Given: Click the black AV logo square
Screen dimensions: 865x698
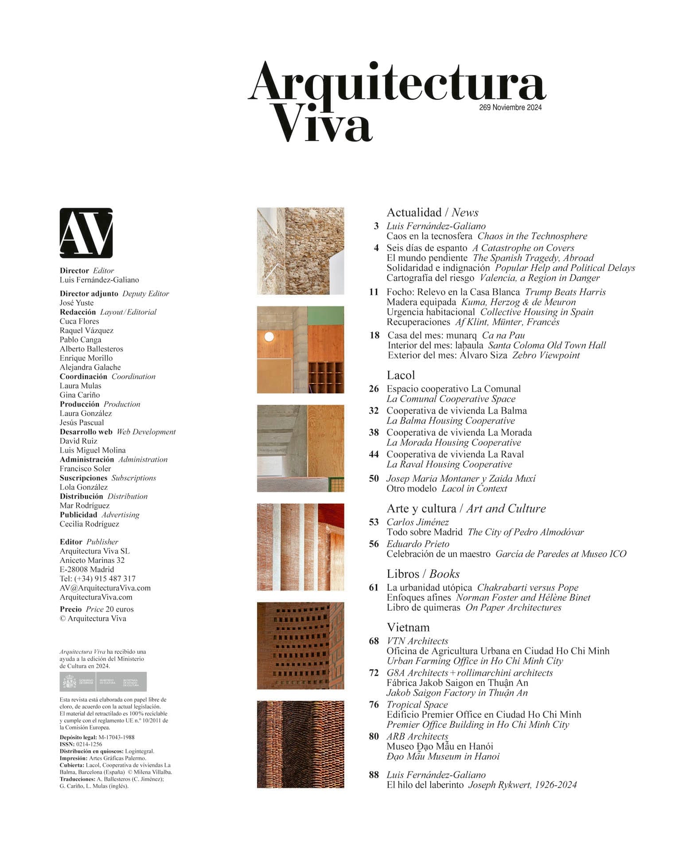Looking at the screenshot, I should (86, 233).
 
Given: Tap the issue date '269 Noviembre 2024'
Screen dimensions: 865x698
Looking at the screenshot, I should (510, 107).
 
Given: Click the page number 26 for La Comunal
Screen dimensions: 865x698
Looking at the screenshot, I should (374, 389).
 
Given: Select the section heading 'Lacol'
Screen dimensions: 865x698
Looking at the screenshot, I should (401, 375).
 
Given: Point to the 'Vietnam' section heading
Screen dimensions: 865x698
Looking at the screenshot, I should (408, 627).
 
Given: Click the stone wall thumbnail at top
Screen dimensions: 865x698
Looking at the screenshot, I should (300, 251).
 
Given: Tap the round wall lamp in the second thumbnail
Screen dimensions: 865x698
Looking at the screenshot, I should (269, 337).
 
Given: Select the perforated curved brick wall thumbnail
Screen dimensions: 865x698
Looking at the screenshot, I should (300, 645).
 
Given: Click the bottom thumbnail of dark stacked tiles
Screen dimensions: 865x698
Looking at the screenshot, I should (300, 744).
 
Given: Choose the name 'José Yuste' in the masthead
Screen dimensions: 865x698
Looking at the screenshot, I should (77, 303).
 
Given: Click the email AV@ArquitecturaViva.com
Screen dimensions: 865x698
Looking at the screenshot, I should (105, 588).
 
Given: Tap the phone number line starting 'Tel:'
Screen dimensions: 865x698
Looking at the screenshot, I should (97, 578).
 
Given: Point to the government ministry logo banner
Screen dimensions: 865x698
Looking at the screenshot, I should (103, 682).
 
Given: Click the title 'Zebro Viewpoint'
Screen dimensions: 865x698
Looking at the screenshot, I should (546, 355).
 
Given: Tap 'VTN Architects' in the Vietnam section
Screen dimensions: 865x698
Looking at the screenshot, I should (417, 641).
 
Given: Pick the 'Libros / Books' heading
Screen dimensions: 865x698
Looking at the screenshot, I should (423, 573).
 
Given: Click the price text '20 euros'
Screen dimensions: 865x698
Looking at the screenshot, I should (119, 609).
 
